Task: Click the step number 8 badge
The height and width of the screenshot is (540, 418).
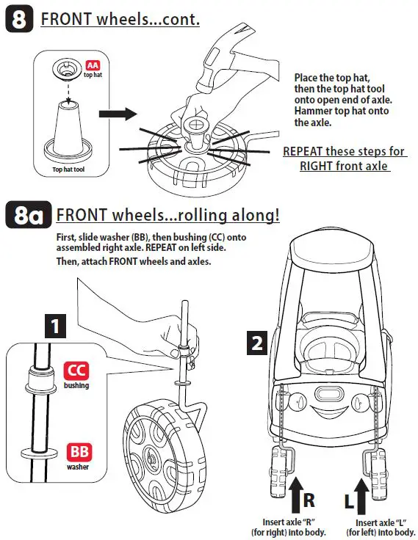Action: point(20,18)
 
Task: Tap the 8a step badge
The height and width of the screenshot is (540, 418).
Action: point(28,214)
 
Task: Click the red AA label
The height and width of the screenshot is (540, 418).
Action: point(93,65)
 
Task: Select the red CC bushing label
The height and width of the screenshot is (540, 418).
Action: point(76,371)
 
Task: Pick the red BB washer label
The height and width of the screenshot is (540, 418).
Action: point(79,452)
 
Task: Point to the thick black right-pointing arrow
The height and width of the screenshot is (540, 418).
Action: point(118,114)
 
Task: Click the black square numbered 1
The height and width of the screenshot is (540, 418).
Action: point(55,326)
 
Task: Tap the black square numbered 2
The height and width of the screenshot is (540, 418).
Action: point(257,343)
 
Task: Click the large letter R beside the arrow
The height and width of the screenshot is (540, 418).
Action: point(309,500)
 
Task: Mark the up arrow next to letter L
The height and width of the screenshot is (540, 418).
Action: point(361,496)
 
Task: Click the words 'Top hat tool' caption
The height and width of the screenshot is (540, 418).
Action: point(68,169)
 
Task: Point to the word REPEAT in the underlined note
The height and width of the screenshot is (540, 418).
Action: point(303,151)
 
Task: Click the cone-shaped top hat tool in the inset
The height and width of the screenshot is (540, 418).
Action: point(68,131)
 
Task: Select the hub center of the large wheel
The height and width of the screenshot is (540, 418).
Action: point(151,456)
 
